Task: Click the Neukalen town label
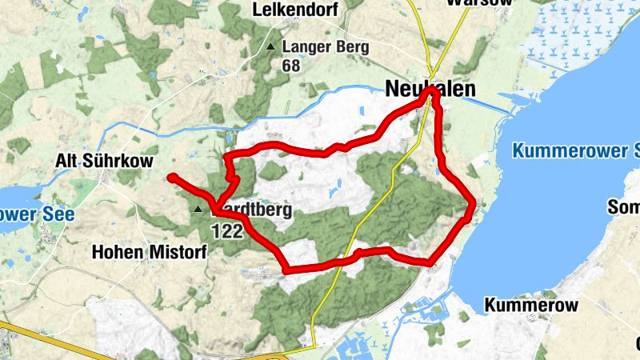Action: click(x=430, y=89)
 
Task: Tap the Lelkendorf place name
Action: click(x=296, y=10)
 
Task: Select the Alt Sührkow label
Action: click(x=104, y=162)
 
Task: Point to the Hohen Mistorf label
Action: click(x=150, y=252)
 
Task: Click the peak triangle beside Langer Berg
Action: click(x=271, y=47)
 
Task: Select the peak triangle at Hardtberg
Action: click(x=198, y=210)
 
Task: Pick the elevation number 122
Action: click(x=227, y=230)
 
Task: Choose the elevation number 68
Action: click(x=290, y=66)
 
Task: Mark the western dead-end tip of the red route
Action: click(x=171, y=177)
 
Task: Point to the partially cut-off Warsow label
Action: click(x=468, y=3)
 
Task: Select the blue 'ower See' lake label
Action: click(x=37, y=214)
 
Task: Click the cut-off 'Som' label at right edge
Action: click(x=624, y=208)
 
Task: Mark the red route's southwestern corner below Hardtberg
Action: click(x=286, y=269)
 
